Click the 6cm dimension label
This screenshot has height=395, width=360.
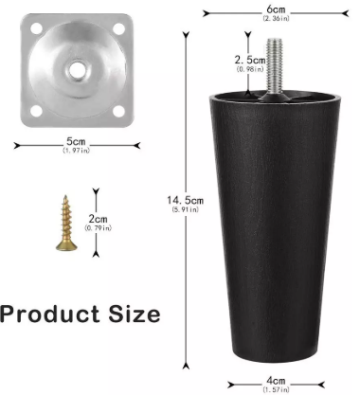point(276,9)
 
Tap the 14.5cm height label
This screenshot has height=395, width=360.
point(186,200)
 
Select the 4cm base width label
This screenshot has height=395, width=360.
point(276,381)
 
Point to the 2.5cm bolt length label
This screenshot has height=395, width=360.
point(250,60)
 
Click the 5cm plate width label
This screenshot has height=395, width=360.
point(76,141)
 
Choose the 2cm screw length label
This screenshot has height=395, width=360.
point(98,219)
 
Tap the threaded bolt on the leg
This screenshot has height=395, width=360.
point(275,66)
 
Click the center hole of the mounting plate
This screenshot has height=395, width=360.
point(76,69)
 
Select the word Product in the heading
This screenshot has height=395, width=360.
point(50,314)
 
